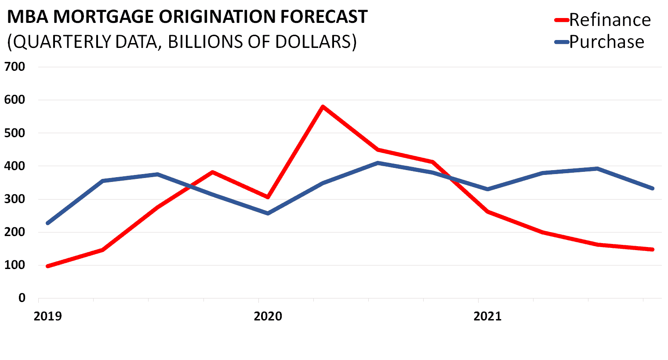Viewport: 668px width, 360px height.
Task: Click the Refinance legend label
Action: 610,20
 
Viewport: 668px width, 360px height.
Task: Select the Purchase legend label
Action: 607,42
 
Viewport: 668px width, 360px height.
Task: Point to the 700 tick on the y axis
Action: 15,66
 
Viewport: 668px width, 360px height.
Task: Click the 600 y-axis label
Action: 15,100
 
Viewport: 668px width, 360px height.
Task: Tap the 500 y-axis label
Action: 15,133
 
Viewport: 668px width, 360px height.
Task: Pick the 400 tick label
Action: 15,166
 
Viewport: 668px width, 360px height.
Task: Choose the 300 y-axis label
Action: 15,199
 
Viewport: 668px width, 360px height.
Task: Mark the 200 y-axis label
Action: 15,232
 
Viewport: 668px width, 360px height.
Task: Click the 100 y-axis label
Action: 15,265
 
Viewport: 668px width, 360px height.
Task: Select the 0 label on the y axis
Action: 22,298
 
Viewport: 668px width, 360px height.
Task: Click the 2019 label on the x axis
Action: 48,316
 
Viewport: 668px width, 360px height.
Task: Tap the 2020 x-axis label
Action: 268,316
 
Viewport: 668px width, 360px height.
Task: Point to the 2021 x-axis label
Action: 487,316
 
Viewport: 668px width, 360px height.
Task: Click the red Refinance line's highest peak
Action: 323,106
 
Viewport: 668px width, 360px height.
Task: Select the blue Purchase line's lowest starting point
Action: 48,223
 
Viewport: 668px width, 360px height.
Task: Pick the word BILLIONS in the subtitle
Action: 203,42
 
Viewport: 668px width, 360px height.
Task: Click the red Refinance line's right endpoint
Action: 653,249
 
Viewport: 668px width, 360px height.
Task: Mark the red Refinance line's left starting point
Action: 48,266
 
